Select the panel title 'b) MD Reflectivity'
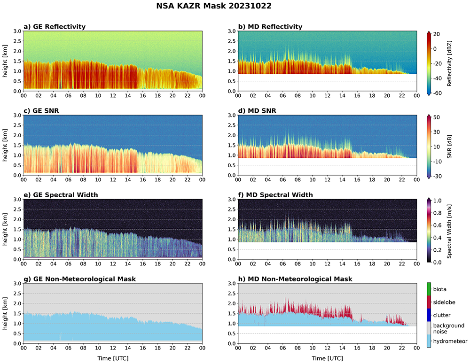click(270, 26)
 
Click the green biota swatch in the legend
click(429, 289)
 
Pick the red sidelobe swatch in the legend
click(429, 302)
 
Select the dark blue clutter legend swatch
click(429, 314)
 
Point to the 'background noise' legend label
click(448, 328)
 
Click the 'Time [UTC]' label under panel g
click(112, 358)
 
